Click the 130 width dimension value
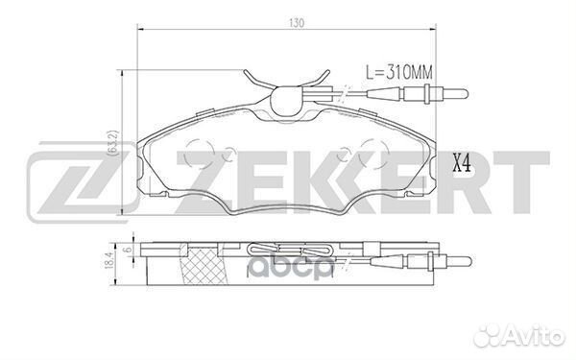click(x=297, y=23)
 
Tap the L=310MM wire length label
click(x=399, y=72)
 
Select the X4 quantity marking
click(x=462, y=163)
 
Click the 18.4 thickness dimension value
click(x=109, y=260)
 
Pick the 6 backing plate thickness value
click(x=127, y=250)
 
